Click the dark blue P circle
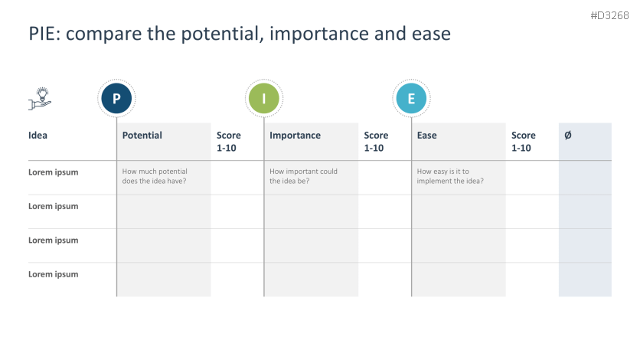(116, 99)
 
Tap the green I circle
(264, 99)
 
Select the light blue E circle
(411, 99)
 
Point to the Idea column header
(38, 136)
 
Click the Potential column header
(142, 136)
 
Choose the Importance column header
(295, 136)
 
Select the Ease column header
(427, 136)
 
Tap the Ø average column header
(567, 136)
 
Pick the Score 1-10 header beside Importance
(376, 142)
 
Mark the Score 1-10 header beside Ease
(524, 142)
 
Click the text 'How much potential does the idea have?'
(155, 176)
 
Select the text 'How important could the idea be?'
(303, 176)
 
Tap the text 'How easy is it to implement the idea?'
(450, 176)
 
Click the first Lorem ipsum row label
(53, 172)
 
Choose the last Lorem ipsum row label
(53, 274)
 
